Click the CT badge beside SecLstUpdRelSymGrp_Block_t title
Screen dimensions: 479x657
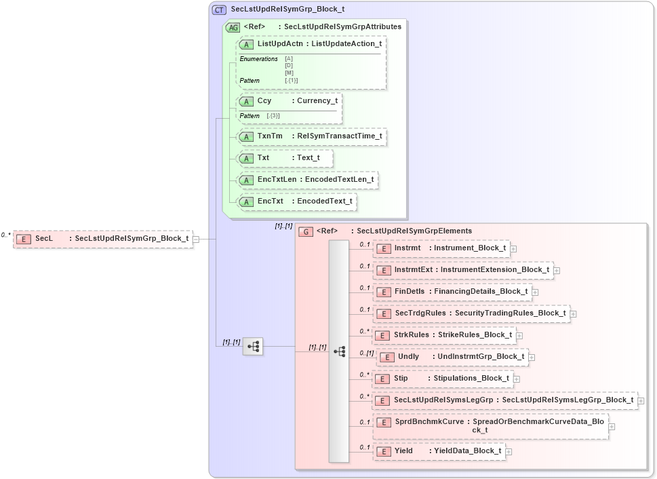coord(220,10)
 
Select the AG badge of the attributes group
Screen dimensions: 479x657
coord(233,28)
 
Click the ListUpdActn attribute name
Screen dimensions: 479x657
coord(280,44)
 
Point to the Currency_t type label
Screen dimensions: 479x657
coord(317,101)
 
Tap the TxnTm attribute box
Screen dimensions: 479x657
coord(312,136)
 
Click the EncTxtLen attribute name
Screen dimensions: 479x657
coord(277,180)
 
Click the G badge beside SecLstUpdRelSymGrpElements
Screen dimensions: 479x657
coord(306,231)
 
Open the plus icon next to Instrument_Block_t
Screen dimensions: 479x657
coord(513,248)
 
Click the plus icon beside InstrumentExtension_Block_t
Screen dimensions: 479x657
coord(557,270)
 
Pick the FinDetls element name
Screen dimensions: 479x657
coord(409,292)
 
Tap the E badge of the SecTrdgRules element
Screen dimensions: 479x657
coord(384,313)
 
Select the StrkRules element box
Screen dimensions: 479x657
coord(445,335)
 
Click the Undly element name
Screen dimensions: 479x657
coord(409,357)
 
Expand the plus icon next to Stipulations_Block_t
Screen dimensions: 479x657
coord(517,379)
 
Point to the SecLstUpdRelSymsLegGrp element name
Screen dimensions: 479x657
coord(443,400)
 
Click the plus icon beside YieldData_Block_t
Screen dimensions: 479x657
coord(509,451)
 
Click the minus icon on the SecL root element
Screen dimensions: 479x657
coord(196,239)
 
